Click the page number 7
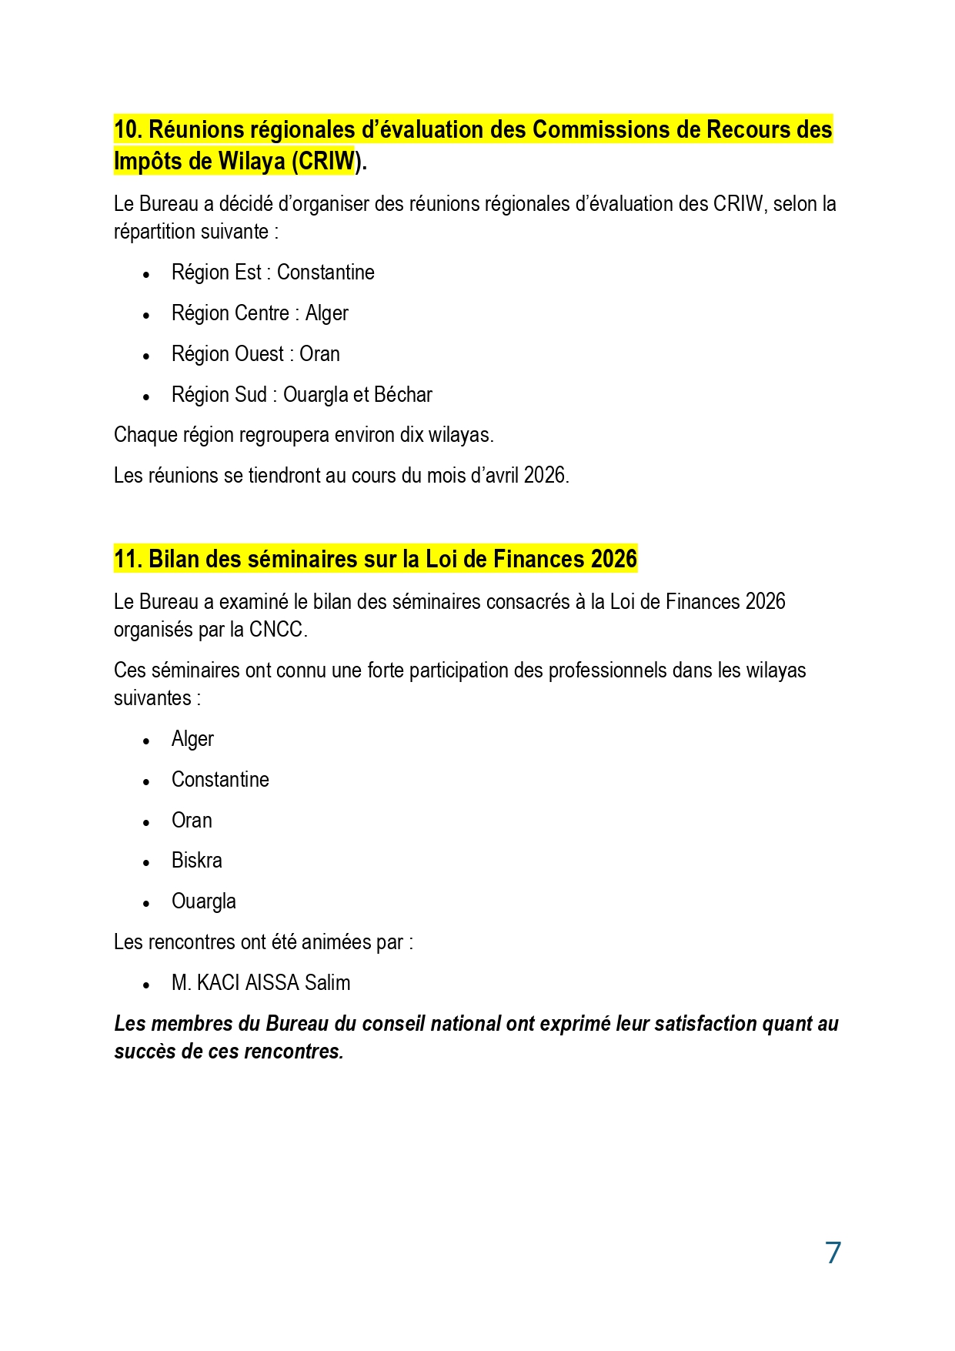coord(833,1252)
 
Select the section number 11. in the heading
coord(128,559)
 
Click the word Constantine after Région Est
coord(326,273)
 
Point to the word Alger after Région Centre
coord(326,313)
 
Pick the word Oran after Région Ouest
coord(319,354)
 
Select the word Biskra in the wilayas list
coord(196,861)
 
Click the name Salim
coord(327,983)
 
